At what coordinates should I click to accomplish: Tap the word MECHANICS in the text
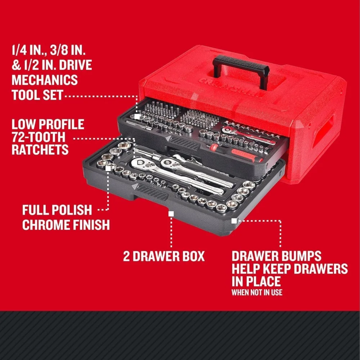click(44, 80)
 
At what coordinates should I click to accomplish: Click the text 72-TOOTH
click(39, 137)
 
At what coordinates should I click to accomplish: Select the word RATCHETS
click(40, 149)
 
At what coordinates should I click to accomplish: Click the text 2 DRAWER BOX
click(164, 256)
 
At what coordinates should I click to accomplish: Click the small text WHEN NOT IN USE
click(257, 292)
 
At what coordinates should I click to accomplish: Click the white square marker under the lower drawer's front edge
click(171, 213)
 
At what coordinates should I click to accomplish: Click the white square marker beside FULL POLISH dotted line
click(108, 167)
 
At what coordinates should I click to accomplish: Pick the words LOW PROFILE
click(48, 125)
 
